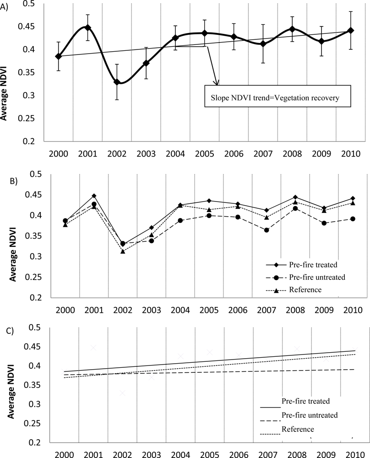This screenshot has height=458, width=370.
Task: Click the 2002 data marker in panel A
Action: [117, 82]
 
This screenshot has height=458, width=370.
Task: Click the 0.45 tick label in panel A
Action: [32, 26]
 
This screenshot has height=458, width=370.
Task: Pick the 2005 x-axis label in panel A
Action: [205, 153]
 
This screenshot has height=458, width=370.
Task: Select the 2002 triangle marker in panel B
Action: [123, 251]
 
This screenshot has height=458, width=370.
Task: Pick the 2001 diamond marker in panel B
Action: [94, 196]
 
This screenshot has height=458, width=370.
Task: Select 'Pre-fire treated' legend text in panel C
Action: [303, 400]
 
